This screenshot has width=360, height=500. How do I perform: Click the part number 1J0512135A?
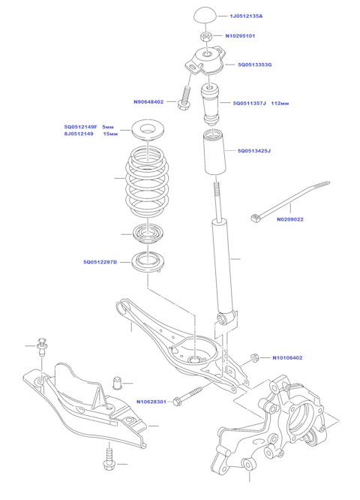(x=247, y=16)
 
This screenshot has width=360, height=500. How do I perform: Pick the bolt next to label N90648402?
(x=184, y=98)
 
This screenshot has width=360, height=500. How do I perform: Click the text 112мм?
(x=280, y=103)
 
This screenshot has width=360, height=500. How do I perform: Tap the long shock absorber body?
(x=223, y=263)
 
